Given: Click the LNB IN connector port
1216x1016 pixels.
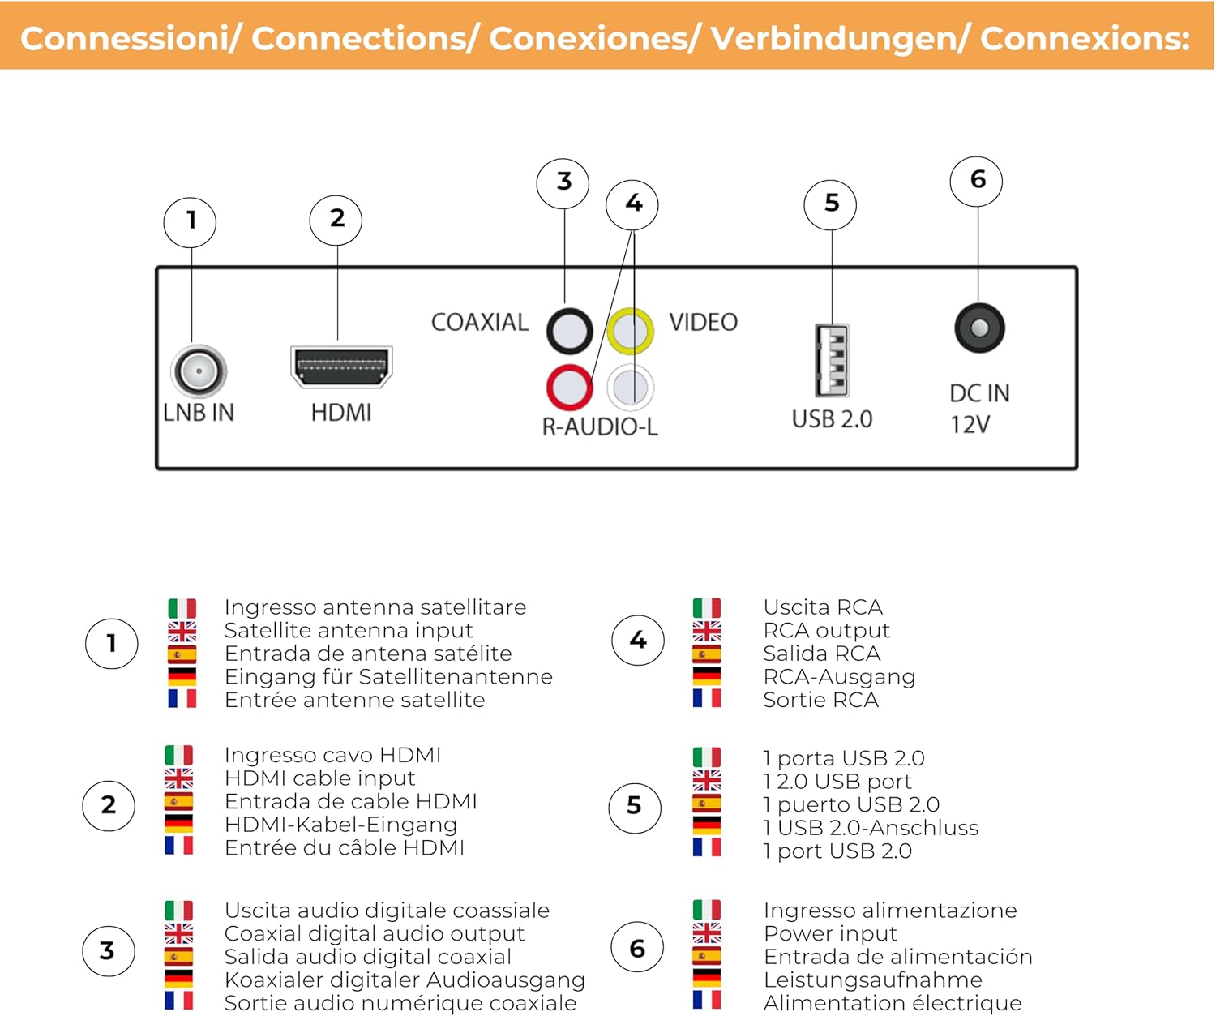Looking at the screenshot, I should coord(199,371).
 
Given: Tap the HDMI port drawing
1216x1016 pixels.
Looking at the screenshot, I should coord(341,367).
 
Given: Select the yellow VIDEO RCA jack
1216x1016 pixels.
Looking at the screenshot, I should coord(631,331).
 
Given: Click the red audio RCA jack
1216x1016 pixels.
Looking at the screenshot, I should coord(569,387).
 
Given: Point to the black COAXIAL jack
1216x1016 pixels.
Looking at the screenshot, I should coord(569,331).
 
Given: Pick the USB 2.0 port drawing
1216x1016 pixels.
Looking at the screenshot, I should coord(833,360).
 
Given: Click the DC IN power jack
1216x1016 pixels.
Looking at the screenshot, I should coord(979,328).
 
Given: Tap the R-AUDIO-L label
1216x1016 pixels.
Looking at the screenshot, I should coord(600,427).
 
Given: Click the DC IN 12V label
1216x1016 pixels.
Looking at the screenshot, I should coord(978,409).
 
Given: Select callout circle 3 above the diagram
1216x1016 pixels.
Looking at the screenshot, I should coord(563,182).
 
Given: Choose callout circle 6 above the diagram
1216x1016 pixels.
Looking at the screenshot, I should coord(977,180).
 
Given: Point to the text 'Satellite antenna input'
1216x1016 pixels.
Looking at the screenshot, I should coord(349,630).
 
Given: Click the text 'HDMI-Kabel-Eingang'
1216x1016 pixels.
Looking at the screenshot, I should coord(340,825).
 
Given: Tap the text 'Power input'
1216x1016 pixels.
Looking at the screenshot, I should coord(830,933).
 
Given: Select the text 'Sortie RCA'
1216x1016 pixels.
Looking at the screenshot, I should coord(820,700).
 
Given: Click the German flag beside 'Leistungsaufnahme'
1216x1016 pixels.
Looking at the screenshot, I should coord(707,978).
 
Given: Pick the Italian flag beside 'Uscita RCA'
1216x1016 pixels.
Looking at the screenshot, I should coord(707,607).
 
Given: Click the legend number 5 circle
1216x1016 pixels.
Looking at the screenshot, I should coord(634,806).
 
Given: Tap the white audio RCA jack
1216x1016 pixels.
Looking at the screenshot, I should coord(631,387).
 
